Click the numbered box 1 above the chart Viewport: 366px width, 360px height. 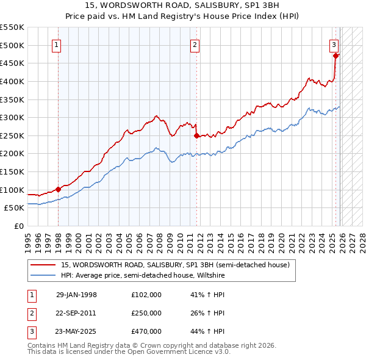56,44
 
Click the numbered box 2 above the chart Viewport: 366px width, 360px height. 195,44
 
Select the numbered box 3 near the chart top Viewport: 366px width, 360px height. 334,44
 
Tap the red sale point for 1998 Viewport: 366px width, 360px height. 58,189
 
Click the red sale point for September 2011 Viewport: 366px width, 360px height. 196,136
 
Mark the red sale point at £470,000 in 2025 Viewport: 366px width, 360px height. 335,56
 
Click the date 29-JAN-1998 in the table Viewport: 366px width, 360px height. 76,294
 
